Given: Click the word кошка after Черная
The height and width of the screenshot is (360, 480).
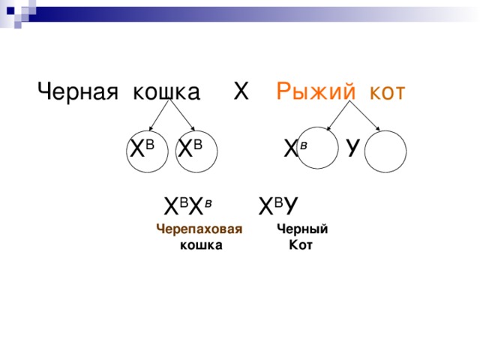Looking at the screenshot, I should click(166, 92).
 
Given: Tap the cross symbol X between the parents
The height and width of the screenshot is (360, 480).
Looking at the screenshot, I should click(241, 91).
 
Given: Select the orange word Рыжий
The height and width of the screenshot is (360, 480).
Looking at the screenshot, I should click(313, 92).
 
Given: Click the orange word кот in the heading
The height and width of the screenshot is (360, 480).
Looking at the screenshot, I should click(382, 92).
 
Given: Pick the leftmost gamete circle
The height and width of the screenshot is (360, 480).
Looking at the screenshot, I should click(148, 149).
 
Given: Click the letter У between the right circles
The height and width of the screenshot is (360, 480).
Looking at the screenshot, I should click(352, 148).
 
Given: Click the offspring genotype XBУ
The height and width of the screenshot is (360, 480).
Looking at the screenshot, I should click(279, 205).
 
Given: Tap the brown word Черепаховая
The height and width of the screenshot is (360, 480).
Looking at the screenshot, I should click(199, 230).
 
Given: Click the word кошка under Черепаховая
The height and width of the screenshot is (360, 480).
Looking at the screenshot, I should click(201, 245).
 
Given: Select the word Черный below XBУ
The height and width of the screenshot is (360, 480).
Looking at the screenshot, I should click(301, 230).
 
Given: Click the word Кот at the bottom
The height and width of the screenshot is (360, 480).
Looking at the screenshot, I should click(300, 245).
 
